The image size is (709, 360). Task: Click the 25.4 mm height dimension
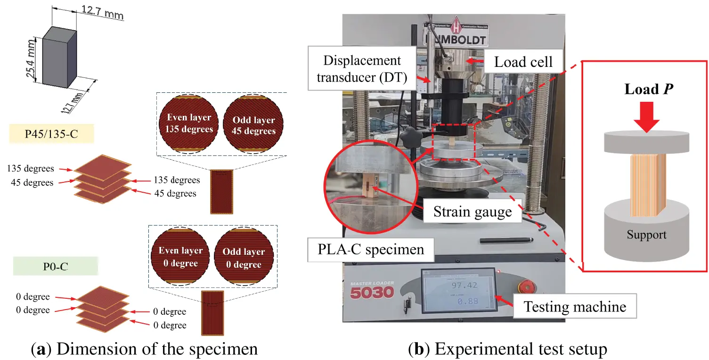(x=31, y=60)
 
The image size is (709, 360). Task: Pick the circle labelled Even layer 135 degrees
(x=188, y=123)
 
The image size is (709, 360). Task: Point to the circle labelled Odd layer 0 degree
(x=244, y=258)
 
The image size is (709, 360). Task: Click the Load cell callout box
(x=523, y=62)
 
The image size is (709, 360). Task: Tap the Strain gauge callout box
(x=473, y=212)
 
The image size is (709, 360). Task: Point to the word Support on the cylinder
(x=646, y=235)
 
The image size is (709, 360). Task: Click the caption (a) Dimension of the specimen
(x=144, y=349)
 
